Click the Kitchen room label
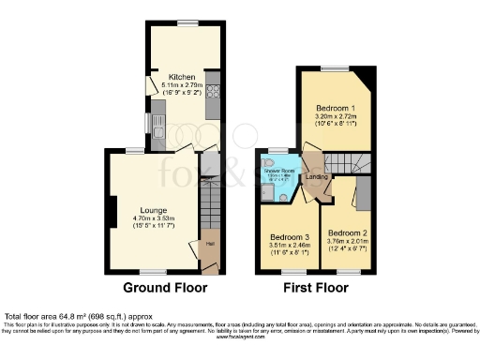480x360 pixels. (x=181, y=77)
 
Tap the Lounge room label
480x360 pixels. (x=153, y=211)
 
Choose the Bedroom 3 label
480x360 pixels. (x=288, y=237)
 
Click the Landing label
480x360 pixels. (x=317, y=176)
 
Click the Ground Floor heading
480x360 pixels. (x=163, y=287)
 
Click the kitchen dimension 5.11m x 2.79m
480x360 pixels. (x=181, y=85)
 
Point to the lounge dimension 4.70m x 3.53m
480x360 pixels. (x=153, y=219)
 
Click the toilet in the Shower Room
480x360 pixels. (x=269, y=193)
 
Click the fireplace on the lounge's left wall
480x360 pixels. (x=112, y=209)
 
